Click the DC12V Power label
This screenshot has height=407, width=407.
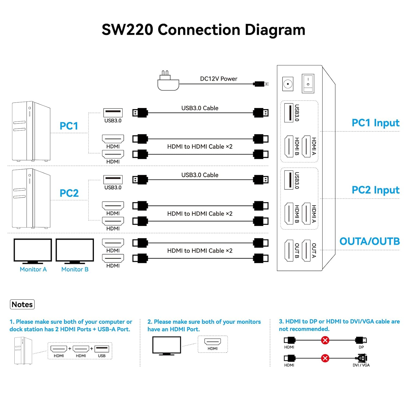point(218,79)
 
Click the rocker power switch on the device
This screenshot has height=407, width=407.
point(308,83)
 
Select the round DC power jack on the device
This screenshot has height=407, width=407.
point(288,84)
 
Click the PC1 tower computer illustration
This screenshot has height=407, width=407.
point(31,131)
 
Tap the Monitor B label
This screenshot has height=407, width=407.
point(75,269)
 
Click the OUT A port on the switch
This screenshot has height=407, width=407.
point(306,251)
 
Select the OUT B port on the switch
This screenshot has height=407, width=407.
point(289,251)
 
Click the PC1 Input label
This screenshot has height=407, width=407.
point(376,123)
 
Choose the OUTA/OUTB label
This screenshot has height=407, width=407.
point(370,241)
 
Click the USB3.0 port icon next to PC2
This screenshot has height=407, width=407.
point(113,179)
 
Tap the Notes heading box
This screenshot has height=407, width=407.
point(22,304)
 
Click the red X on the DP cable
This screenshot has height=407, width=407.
point(325,340)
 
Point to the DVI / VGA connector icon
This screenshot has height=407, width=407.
point(361,358)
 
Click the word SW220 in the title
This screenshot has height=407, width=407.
point(128,30)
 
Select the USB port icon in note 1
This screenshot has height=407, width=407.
point(102,349)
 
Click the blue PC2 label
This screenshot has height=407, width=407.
point(69,193)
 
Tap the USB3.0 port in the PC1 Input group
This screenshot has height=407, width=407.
point(289,113)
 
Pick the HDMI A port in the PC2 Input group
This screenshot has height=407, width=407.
point(306,214)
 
